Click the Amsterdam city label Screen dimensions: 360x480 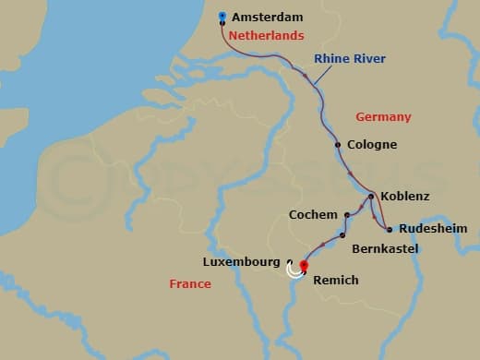267,17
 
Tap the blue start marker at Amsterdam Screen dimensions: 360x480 222,16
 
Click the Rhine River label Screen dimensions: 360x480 350,59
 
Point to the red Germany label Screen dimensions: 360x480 383,117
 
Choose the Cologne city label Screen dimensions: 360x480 372,145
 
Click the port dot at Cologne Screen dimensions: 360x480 338,145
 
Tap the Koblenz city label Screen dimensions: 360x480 404,197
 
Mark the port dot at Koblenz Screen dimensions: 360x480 370,197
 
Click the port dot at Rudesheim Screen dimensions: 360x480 390,229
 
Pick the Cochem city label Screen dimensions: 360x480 313,215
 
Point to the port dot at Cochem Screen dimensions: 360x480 347,215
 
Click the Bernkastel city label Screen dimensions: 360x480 386,249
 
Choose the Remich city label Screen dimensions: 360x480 335,280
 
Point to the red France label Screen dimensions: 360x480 190,284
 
